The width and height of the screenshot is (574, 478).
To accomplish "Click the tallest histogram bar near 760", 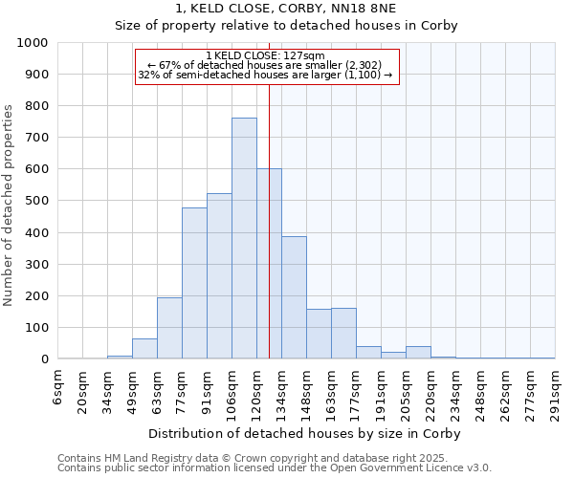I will click(244, 239).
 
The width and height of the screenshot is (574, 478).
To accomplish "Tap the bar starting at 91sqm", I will click(219, 276).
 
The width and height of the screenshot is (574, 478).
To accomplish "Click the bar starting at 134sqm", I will click(294, 297).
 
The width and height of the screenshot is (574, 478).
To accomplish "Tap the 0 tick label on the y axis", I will click(45, 359).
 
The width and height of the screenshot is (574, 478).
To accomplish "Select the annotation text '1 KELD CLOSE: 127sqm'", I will click(265, 55).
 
